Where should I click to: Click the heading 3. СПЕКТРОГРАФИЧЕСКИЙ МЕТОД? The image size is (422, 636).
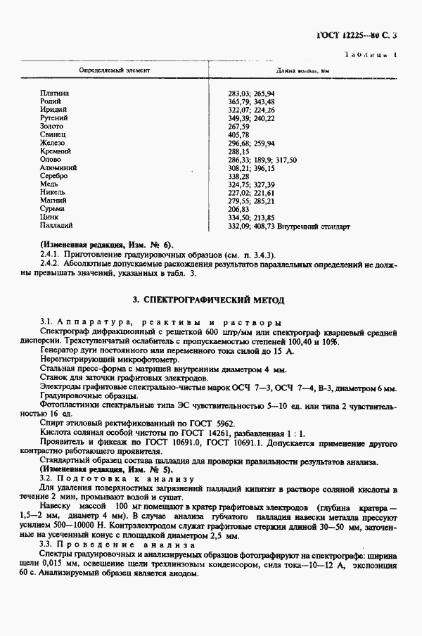click(x=209, y=300)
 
